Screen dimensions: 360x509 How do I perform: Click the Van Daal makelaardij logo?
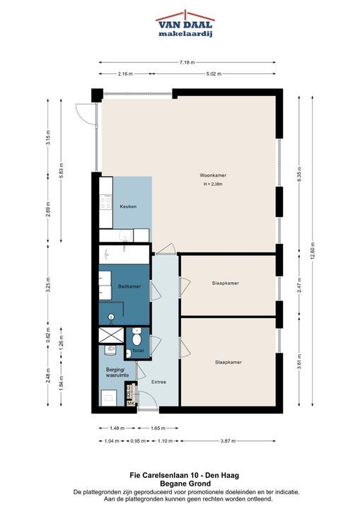[x=185, y=24]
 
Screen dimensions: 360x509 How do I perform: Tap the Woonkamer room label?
[x=213, y=175]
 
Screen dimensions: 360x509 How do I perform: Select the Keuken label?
[x=128, y=206]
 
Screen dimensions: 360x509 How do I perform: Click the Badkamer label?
[x=129, y=286]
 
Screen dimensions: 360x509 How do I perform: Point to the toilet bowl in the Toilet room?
[x=137, y=338]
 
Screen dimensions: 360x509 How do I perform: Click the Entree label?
[x=158, y=382]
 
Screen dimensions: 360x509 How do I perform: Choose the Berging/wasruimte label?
[x=117, y=373]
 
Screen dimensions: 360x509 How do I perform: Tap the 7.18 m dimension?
[x=187, y=62]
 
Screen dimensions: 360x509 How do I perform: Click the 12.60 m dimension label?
[x=313, y=251]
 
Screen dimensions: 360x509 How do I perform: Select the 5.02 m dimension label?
[x=214, y=74]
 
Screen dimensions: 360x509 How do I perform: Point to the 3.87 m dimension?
[x=228, y=441]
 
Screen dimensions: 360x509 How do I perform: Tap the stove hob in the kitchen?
[x=106, y=202]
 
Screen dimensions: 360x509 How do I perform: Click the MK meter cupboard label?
[x=131, y=404]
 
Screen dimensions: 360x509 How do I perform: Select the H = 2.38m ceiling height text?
[x=213, y=184]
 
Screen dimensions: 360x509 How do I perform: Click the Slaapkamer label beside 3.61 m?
[x=228, y=362]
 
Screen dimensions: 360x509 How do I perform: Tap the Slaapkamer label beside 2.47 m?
[x=225, y=283]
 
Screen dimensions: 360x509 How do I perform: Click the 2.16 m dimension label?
[x=125, y=74]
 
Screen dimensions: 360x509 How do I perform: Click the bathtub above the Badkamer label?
[x=124, y=255]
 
